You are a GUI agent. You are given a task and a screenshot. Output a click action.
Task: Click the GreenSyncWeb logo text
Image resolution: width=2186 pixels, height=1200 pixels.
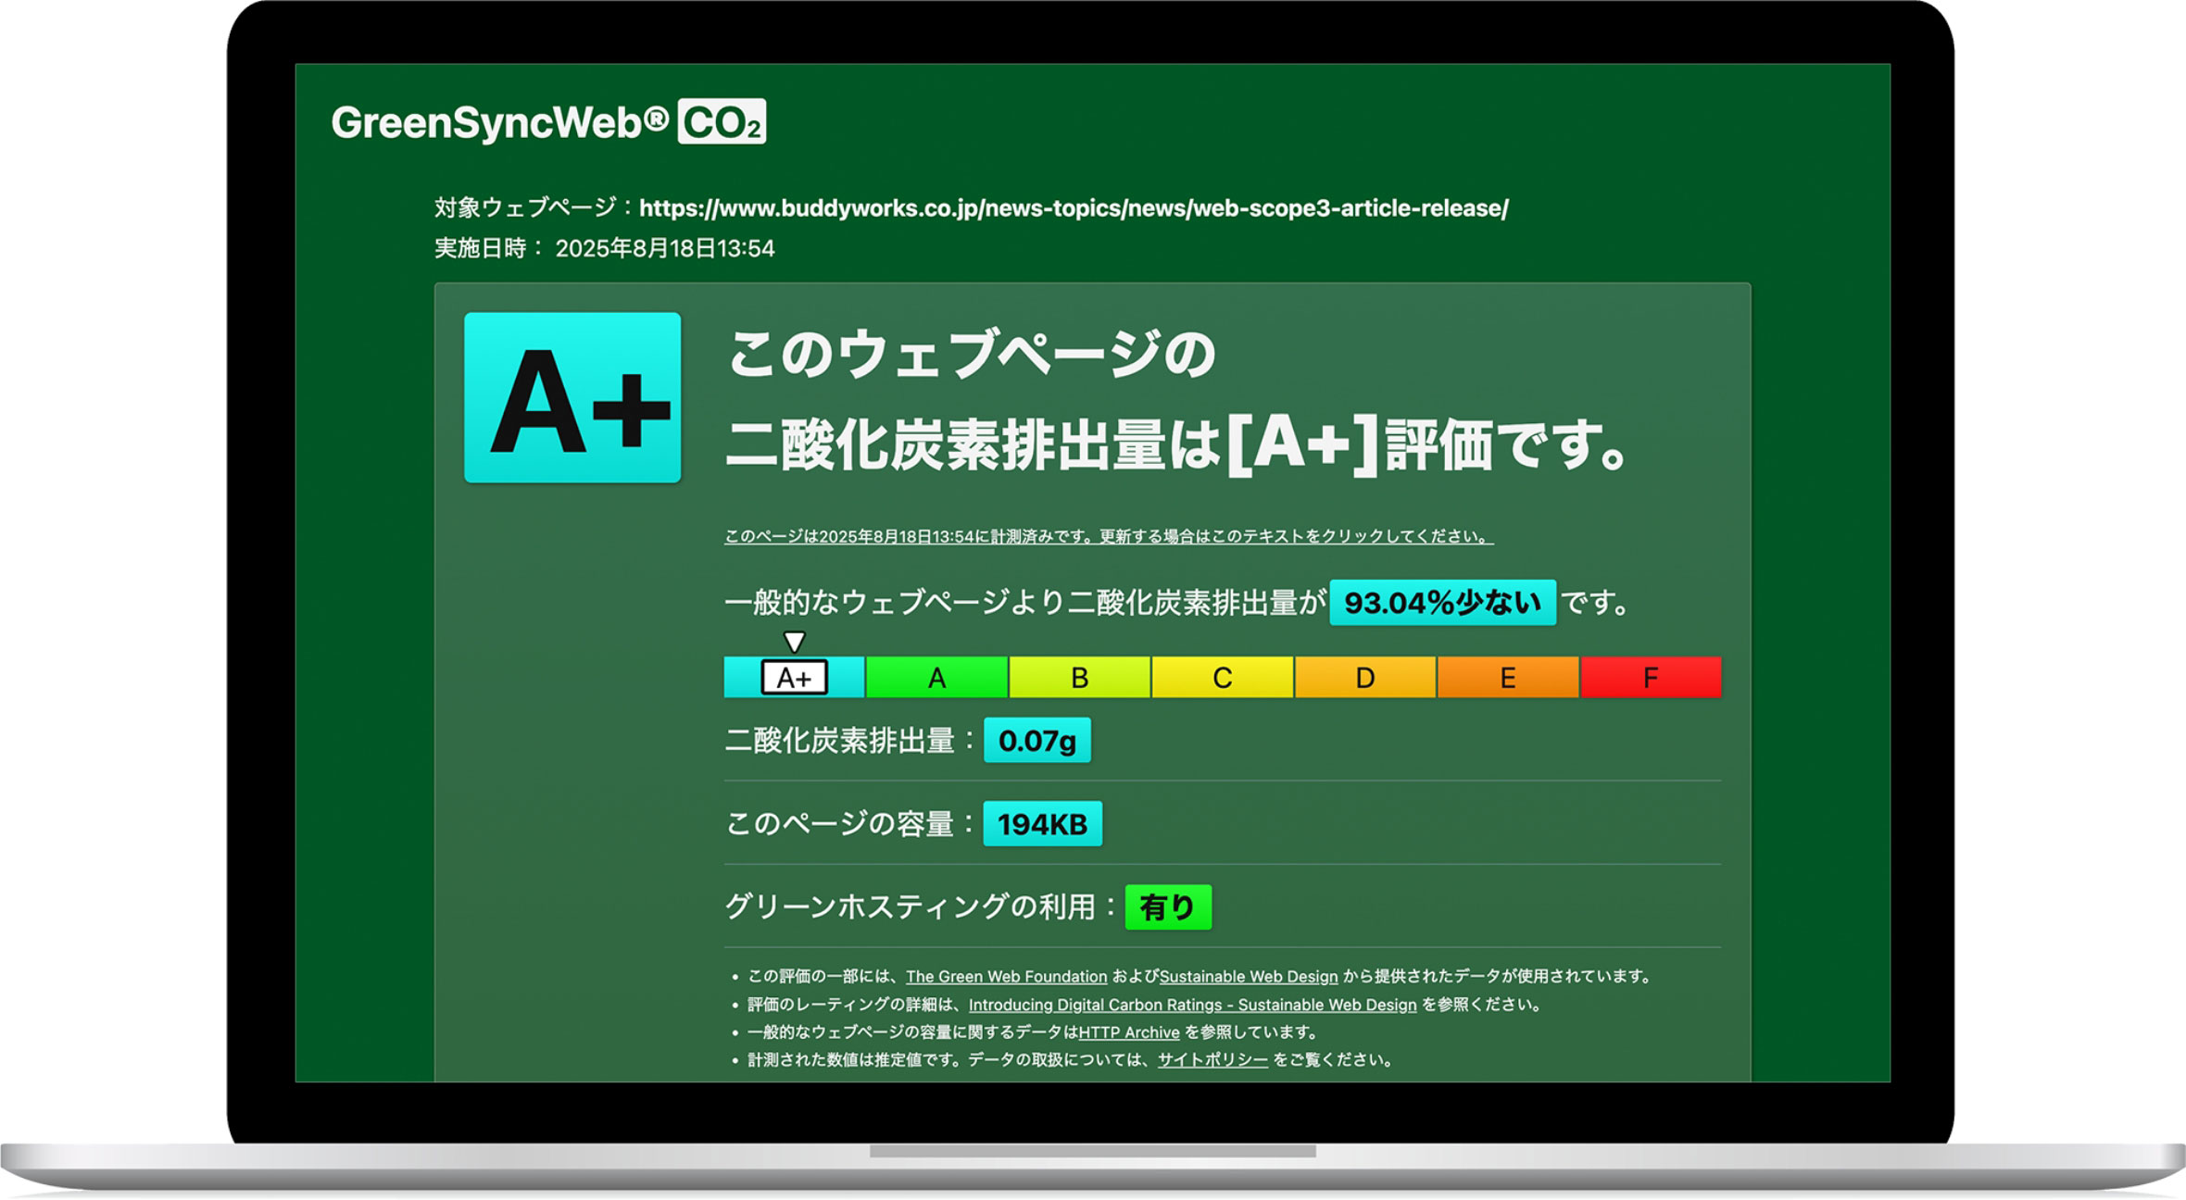[x=500, y=122]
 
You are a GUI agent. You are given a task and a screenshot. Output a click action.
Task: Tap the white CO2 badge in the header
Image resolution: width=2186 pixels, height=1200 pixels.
[x=722, y=121]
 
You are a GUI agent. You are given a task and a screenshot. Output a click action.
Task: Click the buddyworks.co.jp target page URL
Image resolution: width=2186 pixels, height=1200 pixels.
[x=1074, y=208]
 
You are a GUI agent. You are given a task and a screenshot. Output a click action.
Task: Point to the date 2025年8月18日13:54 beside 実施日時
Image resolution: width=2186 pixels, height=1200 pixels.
[x=664, y=248]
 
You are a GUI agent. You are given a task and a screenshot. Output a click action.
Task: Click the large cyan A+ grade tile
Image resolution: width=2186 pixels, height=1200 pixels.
[x=572, y=397]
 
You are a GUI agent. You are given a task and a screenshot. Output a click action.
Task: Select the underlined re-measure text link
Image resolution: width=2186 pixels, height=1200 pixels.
[x=1109, y=536]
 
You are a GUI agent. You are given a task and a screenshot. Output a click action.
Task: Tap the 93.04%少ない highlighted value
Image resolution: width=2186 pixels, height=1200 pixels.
[x=1442, y=603]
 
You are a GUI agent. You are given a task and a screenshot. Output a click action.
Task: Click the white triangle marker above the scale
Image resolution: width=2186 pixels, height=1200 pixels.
[x=794, y=641]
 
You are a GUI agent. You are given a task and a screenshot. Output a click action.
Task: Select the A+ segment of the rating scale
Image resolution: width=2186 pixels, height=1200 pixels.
[x=794, y=677]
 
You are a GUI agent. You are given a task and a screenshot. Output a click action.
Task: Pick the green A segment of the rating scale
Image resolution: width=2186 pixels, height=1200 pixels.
[x=936, y=677]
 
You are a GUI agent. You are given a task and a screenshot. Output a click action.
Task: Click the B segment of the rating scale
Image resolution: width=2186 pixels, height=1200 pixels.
[x=1079, y=677]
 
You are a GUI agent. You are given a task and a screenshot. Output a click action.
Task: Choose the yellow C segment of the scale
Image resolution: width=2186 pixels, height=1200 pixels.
[x=1222, y=677]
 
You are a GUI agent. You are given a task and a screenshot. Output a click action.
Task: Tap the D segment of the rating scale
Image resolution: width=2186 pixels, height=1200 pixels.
[x=1364, y=677]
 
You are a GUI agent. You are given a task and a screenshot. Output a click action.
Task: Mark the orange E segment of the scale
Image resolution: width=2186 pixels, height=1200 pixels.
[x=1507, y=677]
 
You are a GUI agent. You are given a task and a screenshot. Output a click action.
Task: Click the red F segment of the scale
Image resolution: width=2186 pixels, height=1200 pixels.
[x=1651, y=677]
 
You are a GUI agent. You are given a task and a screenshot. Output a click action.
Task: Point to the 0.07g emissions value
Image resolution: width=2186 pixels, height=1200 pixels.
[x=1036, y=740]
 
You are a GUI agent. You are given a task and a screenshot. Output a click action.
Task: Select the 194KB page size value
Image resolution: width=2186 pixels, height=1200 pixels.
[x=1042, y=823]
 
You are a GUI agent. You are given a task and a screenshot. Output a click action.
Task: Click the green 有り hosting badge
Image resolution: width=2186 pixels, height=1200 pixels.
[x=1168, y=906]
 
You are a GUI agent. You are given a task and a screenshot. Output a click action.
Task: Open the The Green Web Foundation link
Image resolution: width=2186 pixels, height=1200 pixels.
[x=1006, y=977]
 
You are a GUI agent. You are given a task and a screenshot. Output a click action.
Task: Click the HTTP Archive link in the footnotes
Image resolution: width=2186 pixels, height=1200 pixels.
[x=1129, y=1032]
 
